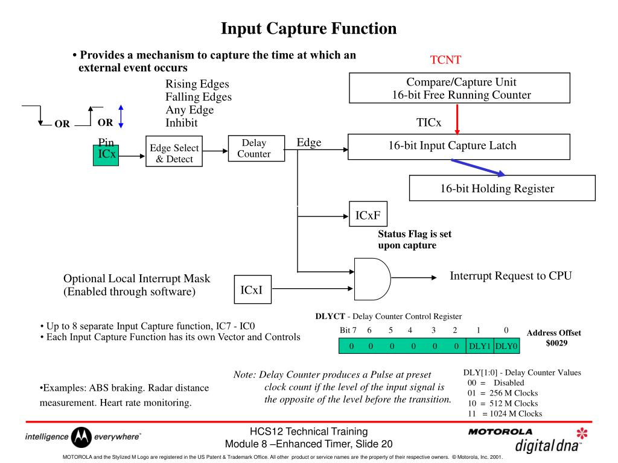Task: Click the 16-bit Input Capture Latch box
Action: tap(459, 145)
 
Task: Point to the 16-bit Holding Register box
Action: tap(502, 188)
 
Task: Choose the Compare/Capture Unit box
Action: tap(459, 88)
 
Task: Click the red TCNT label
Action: tap(445, 60)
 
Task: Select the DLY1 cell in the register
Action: tap(480, 346)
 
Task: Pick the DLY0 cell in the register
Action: tap(506, 346)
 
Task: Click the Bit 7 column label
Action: tap(349, 330)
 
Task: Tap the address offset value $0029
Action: tap(554, 342)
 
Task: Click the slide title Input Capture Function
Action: tap(308, 28)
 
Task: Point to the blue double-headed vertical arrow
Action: tap(121, 115)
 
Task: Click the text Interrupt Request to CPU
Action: tap(511, 276)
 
